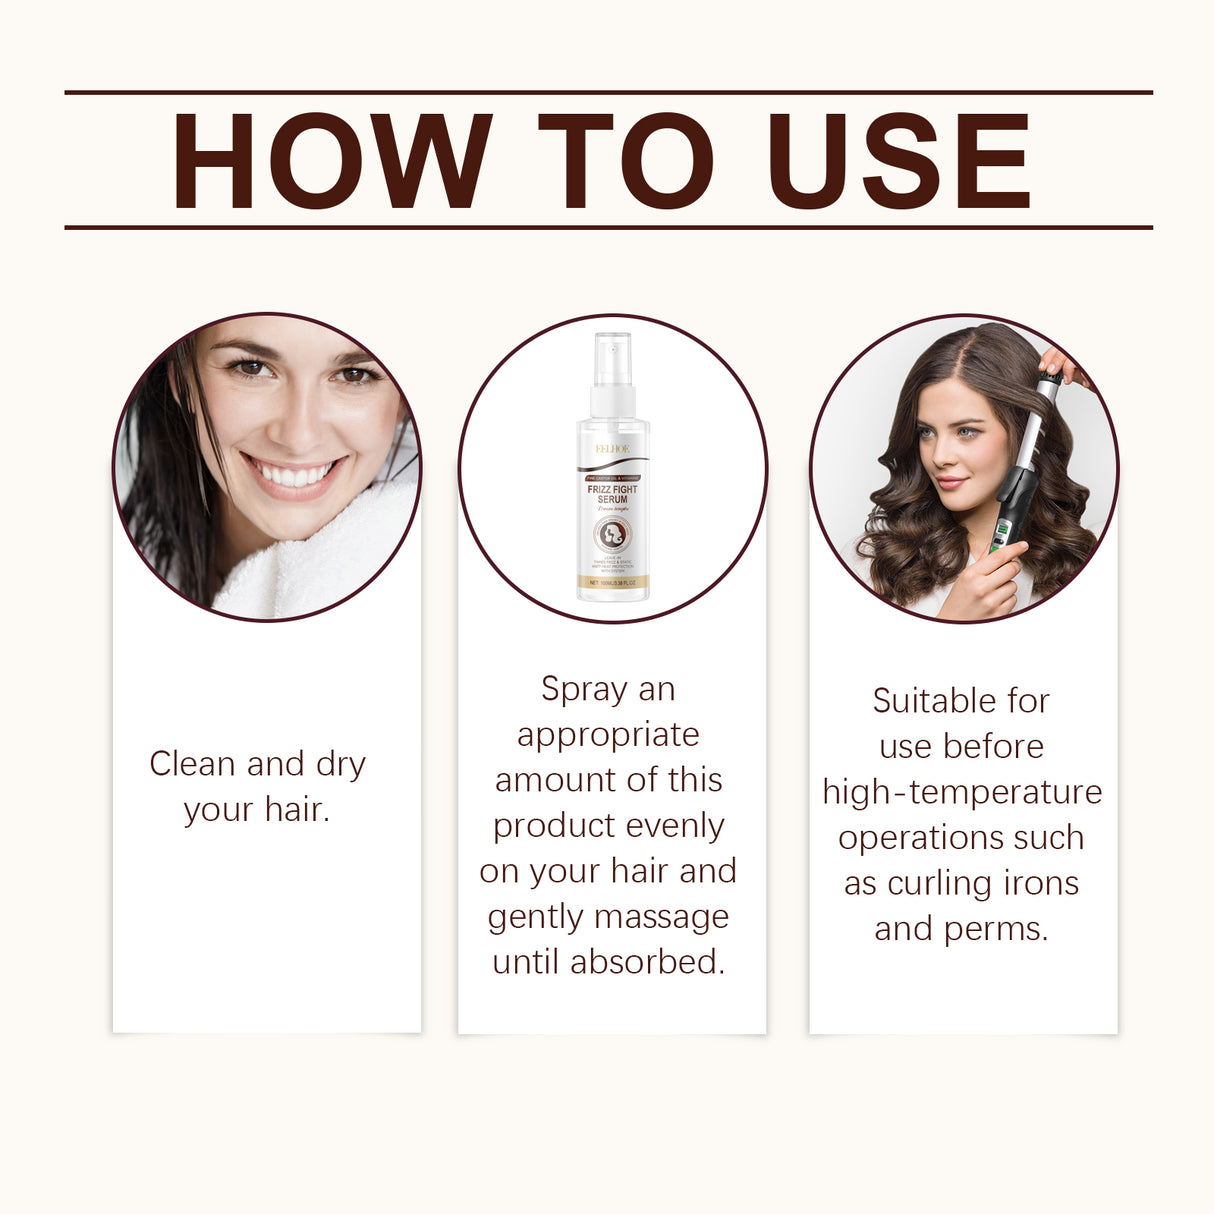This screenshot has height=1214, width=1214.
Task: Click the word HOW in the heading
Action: click(331, 161)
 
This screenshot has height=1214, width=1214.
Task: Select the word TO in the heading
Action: click(625, 161)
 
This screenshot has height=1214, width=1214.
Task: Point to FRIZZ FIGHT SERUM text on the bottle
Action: click(612, 494)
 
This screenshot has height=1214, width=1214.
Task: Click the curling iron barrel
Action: click(1030, 440)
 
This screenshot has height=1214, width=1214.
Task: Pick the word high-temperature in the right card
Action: click(962, 792)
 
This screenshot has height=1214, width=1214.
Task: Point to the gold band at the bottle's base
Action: click(612, 582)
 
